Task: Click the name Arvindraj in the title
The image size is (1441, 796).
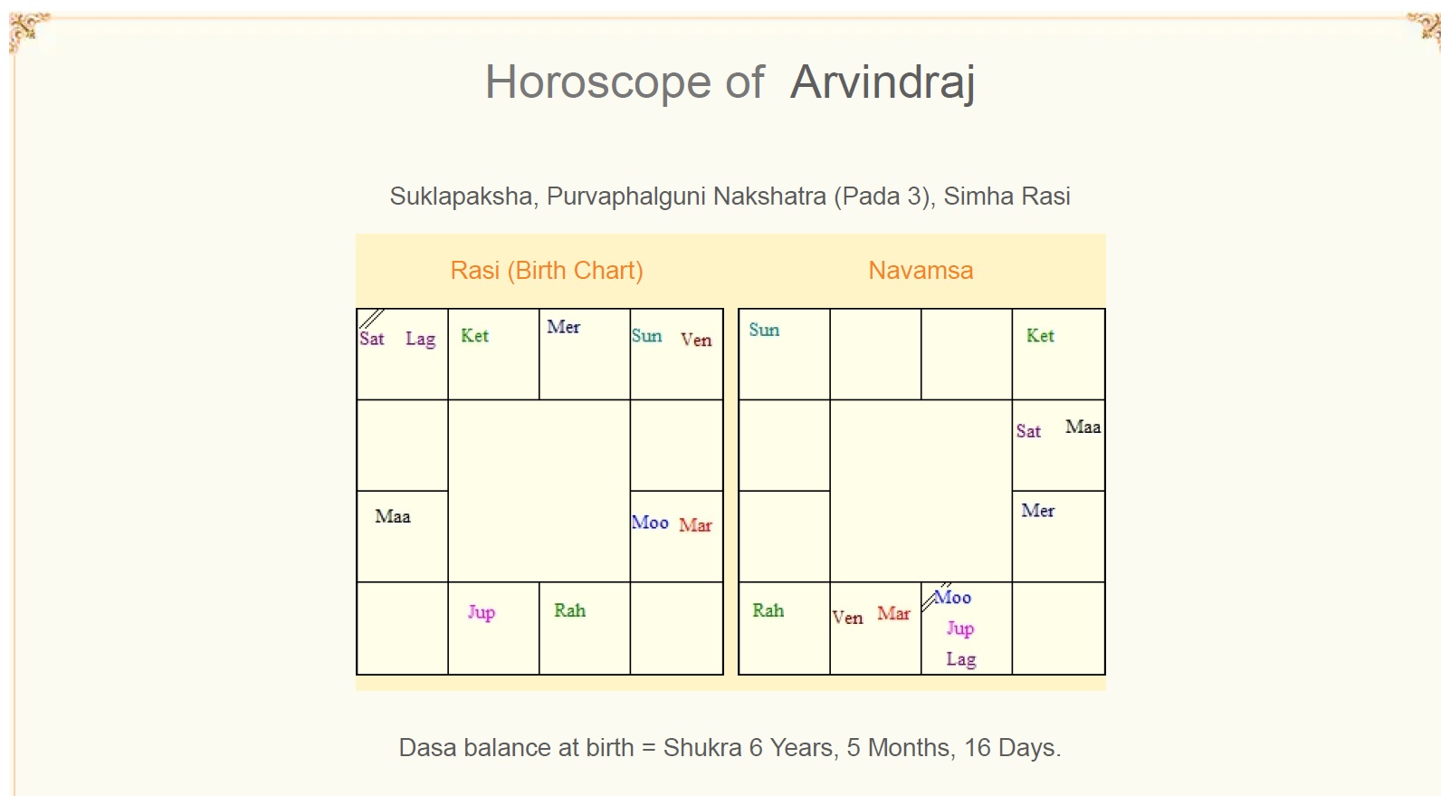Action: click(x=882, y=82)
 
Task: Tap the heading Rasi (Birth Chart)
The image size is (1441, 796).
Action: click(x=547, y=270)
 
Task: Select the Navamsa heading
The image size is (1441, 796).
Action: click(x=921, y=270)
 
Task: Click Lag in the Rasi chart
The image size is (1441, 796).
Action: click(x=421, y=339)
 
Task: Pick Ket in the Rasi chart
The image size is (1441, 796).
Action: click(x=475, y=335)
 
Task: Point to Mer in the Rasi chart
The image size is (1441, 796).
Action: click(x=564, y=326)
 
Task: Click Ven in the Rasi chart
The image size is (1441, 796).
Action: click(x=696, y=339)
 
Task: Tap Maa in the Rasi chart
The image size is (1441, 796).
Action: click(x=393, y=516)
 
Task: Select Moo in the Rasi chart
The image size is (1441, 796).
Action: click(x=650, y=522)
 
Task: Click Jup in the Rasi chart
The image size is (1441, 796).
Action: click(x=482, y=612)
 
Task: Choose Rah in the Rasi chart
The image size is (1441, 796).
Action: click(x=570, y=610)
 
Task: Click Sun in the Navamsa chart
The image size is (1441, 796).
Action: click(x=764, y=330)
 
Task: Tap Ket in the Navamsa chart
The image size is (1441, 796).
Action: click(x=1040, y=335)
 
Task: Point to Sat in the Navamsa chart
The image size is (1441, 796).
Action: click(x=1028, y=430)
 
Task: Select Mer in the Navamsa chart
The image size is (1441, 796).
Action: click(x=1037, y=510)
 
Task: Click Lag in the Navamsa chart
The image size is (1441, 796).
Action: click(x=961, y=659)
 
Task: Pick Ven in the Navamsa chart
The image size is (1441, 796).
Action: click(x=847, y=617)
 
